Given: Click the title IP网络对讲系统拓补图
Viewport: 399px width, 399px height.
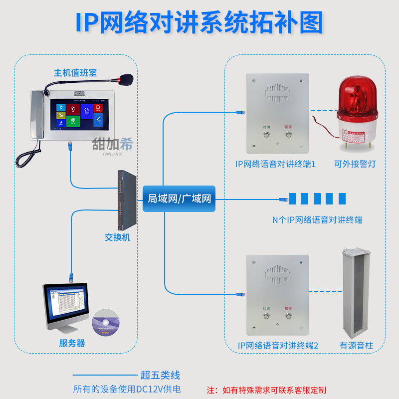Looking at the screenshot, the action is [199, 22].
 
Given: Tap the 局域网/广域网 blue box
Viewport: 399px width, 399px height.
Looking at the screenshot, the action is [180, 199].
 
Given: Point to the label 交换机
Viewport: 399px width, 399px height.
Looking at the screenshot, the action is [118, 237].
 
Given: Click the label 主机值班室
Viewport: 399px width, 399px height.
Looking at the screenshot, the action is [75, 73].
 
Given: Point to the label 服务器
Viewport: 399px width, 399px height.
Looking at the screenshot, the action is [72, 344].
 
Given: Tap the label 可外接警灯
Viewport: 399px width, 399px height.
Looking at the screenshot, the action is [355, 164].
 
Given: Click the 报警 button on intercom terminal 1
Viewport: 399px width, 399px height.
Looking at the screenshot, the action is [288, 135].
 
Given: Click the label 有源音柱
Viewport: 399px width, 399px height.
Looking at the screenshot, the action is [356, 345].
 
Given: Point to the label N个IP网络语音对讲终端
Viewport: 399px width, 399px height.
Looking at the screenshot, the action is [317, 219].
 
